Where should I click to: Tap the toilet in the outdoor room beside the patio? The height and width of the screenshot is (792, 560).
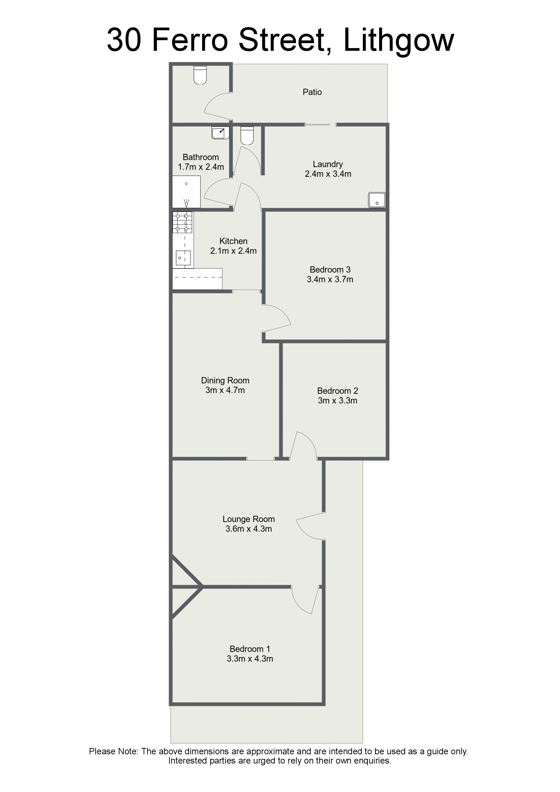click(x=200, y=75)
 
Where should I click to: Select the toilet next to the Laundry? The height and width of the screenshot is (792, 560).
click(x=247, y=135)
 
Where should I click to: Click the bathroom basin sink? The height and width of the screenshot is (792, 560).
click(x=220, y=133)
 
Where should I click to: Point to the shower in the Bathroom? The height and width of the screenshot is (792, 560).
click(x=186, y=192)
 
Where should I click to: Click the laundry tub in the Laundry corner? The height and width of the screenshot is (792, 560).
click(x=377, y=200)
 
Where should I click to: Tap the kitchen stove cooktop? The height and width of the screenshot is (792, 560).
click(x=182, y=222)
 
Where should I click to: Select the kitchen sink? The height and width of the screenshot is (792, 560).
click(x=183, y=258)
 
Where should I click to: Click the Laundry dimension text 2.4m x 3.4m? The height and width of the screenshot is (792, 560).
click(x=328, y=174)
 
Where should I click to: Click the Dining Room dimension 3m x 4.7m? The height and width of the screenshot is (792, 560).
click(x=225, y=390)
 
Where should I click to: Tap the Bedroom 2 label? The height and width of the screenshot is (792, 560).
click(x=337, y=391)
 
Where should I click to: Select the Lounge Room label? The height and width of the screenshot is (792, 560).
click(x=248, y=519)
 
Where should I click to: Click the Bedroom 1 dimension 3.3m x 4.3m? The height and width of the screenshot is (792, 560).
click(x=250, y=659)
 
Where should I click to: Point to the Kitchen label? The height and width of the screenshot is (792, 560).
click(x=233, y=241)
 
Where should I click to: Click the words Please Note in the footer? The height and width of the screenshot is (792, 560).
click(x=114, y=752)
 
